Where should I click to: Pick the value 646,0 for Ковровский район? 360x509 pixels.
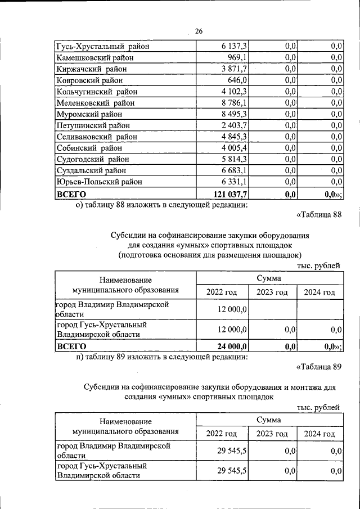click(x=237, y=80)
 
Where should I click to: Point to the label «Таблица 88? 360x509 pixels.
click(x=318, y=214)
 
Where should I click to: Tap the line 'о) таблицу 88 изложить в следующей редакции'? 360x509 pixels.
click(x=161, y=205)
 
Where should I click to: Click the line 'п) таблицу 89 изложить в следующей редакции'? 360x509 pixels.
click(x=161, y=357)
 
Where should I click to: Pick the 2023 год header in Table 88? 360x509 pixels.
click(x=272, y=292)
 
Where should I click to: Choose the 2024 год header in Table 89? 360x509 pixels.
click(x=319, y=434)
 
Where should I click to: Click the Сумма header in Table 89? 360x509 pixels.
click(x=269, y=420)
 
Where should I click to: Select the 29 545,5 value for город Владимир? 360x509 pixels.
click(x=232, y=451)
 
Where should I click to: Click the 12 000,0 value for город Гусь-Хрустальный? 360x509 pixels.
click(x=232, y=329)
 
